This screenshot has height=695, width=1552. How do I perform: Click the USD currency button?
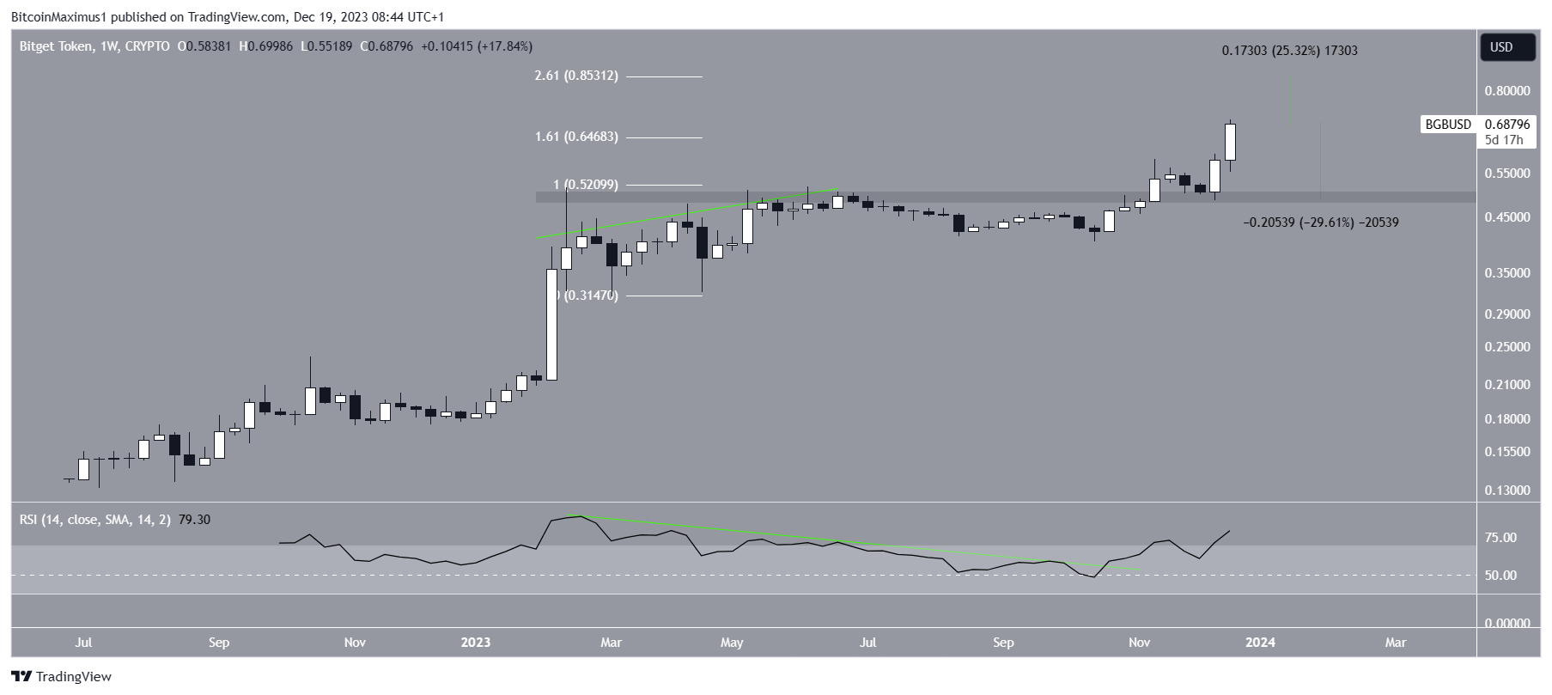[x=1501, y=47]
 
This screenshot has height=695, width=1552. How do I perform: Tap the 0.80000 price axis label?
[x=1507, y=90]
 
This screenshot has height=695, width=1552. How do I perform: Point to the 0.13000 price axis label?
[x=1507, y=491]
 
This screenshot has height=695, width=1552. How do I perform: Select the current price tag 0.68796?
[x=1506, y=125]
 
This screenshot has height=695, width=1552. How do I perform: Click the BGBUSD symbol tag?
[x=1448, y=125]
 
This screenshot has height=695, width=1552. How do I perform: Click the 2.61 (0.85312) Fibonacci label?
[x=575, y=76]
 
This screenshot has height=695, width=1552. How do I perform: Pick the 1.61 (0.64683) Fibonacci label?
[x=575, y=137]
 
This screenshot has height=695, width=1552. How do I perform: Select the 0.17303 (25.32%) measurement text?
[x=1289, y=51]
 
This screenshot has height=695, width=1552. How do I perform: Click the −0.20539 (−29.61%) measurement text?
[x=1320, y=223]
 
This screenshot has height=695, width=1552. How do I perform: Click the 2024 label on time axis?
[x=1260, y=643]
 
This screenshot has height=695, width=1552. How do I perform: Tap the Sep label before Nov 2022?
[x=219, y=643]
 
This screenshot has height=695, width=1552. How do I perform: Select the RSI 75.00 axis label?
[x=1500, y=538]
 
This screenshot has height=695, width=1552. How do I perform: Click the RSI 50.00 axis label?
[x=1500, y=576]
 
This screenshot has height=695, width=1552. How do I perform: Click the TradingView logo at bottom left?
[x=62, y=677]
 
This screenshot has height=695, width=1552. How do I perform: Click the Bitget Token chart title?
[x=58, y=46]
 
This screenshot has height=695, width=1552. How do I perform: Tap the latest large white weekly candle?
[x=1230, y=142]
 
